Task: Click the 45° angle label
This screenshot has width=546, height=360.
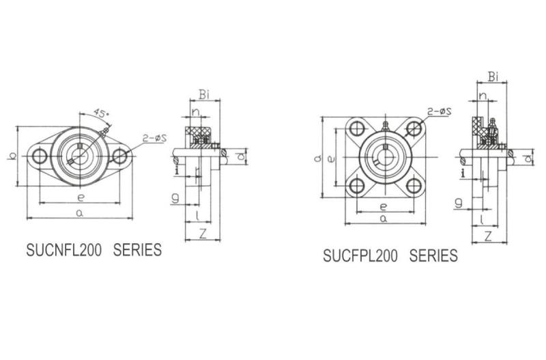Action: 101,113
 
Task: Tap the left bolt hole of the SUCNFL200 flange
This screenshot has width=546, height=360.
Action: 40,156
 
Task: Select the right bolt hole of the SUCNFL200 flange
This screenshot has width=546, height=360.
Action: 119,156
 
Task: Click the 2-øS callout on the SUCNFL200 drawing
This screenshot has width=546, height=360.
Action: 155,139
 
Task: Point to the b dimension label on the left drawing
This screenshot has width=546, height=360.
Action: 12,156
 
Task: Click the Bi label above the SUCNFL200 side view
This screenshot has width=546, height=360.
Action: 204,94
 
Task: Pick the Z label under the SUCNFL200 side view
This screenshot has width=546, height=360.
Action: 202,233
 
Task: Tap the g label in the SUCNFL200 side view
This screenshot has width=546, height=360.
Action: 175,199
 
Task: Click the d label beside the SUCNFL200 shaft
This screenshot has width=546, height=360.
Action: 240,156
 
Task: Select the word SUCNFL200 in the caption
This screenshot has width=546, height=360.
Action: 64,250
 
